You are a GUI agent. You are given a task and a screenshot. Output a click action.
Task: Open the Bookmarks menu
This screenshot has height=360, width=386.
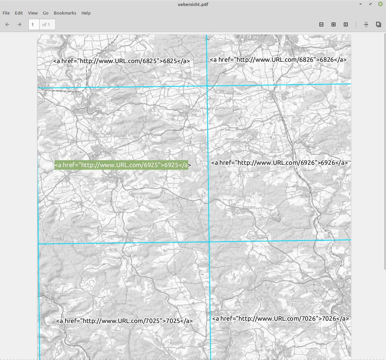pos(65,13)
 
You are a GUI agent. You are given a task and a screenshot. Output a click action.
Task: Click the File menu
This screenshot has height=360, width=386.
pos(6,13)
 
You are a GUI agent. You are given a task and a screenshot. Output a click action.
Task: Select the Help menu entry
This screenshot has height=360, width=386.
pos(86,13)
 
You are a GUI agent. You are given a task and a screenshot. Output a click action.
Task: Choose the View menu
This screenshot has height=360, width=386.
pos(33,13)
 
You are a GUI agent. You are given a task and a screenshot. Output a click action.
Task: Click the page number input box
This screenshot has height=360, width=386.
pos(34,24)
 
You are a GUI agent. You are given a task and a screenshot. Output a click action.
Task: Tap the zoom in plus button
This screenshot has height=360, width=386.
pos(334,24)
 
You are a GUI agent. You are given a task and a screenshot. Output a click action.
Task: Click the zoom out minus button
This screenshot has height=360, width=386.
pos(321,24)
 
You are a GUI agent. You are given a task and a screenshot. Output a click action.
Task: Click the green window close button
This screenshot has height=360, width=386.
pos(380,4)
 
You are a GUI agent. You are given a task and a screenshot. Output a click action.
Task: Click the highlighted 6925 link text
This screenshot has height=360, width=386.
pos(121,165)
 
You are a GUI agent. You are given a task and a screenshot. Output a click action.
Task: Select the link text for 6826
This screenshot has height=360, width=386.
pos(278,60)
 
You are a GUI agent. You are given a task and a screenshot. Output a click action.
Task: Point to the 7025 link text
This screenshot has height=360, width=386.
pos(124,321)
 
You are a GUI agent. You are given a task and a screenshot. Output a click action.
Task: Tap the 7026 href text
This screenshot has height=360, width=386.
pos(280,318)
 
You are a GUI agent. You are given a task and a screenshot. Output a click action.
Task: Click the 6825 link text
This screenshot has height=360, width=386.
pos(121,61)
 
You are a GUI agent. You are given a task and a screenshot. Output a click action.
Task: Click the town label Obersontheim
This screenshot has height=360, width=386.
pos(115,150)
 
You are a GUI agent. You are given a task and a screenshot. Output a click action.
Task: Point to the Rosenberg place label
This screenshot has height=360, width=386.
pos(249,207)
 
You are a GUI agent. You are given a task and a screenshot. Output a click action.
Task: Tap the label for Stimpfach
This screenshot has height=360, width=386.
pos(313,142)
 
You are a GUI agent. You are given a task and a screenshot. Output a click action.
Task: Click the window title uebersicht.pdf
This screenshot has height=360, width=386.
pos(193,4)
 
